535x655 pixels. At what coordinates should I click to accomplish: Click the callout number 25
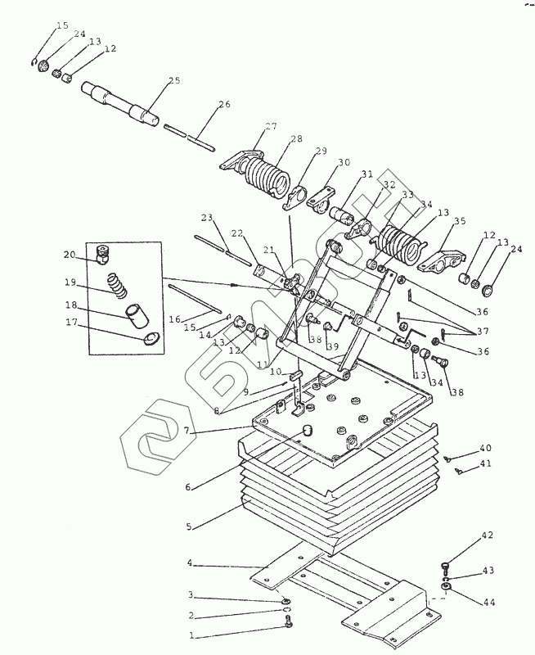point(174,80)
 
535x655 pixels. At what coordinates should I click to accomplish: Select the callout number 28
point(297,138)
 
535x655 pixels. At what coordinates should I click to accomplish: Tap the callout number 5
point(189,526)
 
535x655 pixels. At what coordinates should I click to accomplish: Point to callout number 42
point(488,535)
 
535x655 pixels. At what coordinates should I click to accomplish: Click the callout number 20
point(70,255)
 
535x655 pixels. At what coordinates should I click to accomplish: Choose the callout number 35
point(460,221)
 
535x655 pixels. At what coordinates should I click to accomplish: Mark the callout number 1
point(191,636)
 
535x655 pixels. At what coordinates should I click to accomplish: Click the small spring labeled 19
point(118,285)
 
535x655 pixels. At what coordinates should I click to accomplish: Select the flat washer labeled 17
point(151,338)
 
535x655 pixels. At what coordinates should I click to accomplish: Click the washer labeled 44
point(447,587)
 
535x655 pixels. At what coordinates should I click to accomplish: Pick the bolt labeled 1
point(287,623)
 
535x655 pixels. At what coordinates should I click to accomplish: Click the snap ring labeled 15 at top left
point(34,62)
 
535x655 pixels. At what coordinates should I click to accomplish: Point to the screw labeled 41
point(460,472)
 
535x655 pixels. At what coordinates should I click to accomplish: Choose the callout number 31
point(367,174)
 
